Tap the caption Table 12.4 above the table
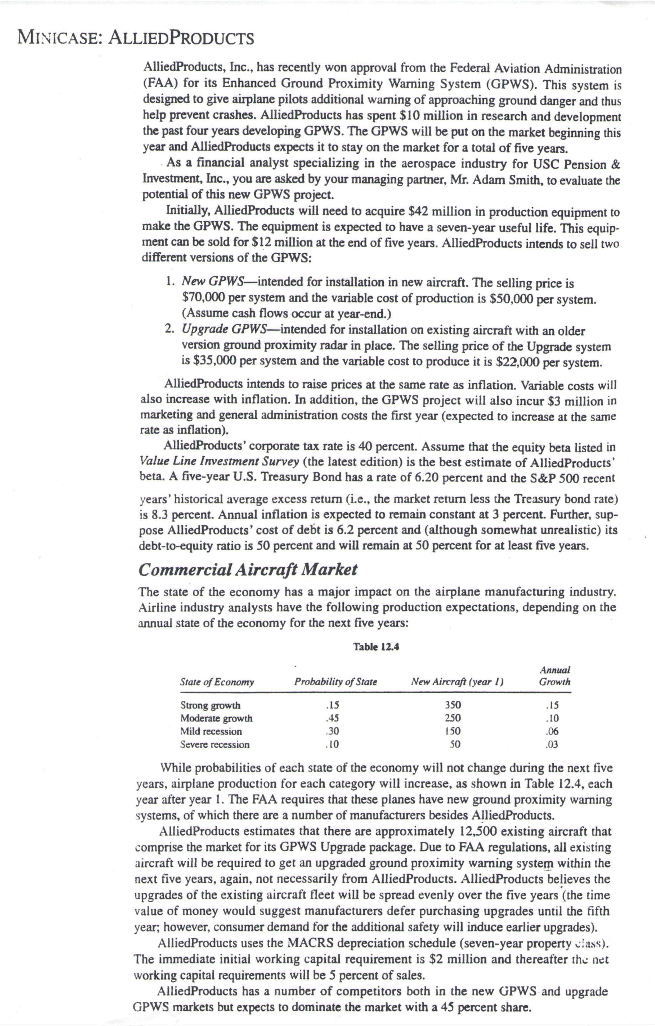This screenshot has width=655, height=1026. [x=376, y=647]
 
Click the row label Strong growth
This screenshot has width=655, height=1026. [x=210, y=705]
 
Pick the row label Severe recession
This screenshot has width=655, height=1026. [x=215, y=744]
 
